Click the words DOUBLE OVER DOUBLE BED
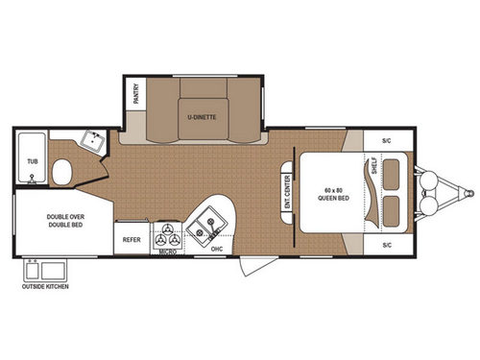(x=62, y=220)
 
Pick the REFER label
(x=132, y=239)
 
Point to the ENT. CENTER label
(x=287, y=189)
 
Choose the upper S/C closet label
(x=387, y=140)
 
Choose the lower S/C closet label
(x=387, y=244)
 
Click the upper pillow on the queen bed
(x=393, y=172)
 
